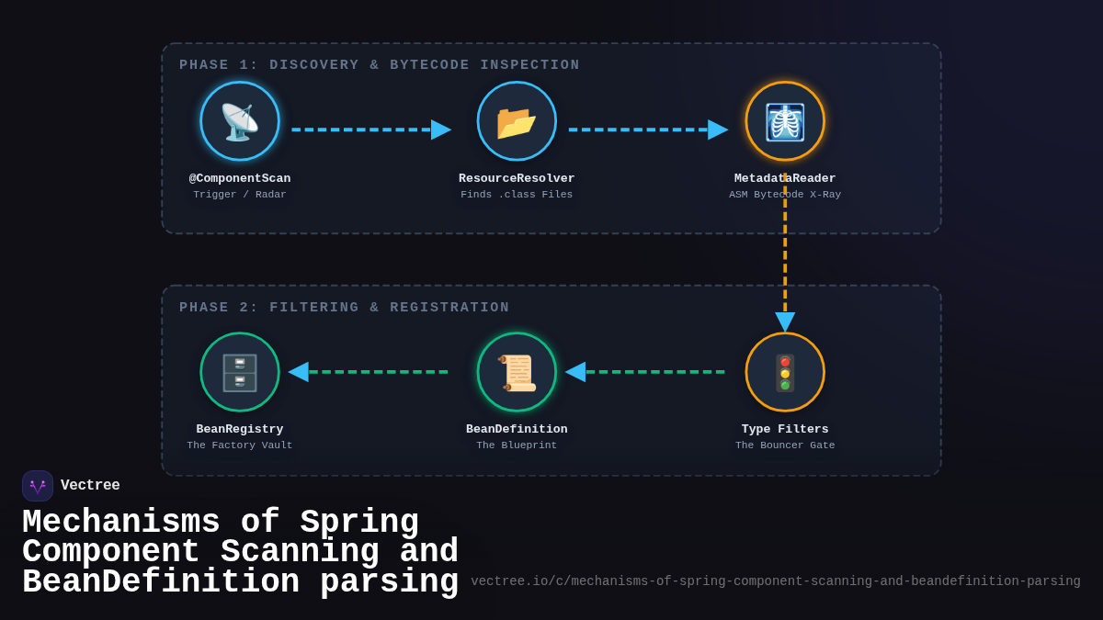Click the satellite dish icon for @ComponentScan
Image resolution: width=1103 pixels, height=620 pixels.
click(240, 121)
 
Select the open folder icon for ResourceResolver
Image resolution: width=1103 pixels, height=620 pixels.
click(517, 121)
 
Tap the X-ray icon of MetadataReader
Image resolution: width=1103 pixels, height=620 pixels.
click(785, 121)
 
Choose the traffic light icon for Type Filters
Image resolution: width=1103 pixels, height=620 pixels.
click(785, 372)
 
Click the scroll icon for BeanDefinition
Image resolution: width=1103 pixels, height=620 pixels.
click(517, 372)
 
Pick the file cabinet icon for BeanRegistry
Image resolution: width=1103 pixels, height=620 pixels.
click(240, 372)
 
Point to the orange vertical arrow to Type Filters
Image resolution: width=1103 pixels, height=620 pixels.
click(785, 257)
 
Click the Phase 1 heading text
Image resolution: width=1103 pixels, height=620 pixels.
click(380, 65)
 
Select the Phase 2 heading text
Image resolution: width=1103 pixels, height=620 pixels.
click(345, 308)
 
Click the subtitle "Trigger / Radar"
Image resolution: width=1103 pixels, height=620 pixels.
click(240, 195)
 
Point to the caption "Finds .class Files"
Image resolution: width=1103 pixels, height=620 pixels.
click(517, 195)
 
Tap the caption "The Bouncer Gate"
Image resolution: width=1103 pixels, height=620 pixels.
click(785, 445)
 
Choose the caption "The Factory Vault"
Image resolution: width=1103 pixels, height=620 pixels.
click(240, 445)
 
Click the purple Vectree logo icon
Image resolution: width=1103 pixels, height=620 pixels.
click(38, 486)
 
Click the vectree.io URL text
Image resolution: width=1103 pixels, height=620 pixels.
click(776, 581)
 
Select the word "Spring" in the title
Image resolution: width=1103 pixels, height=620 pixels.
click(359, 523)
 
